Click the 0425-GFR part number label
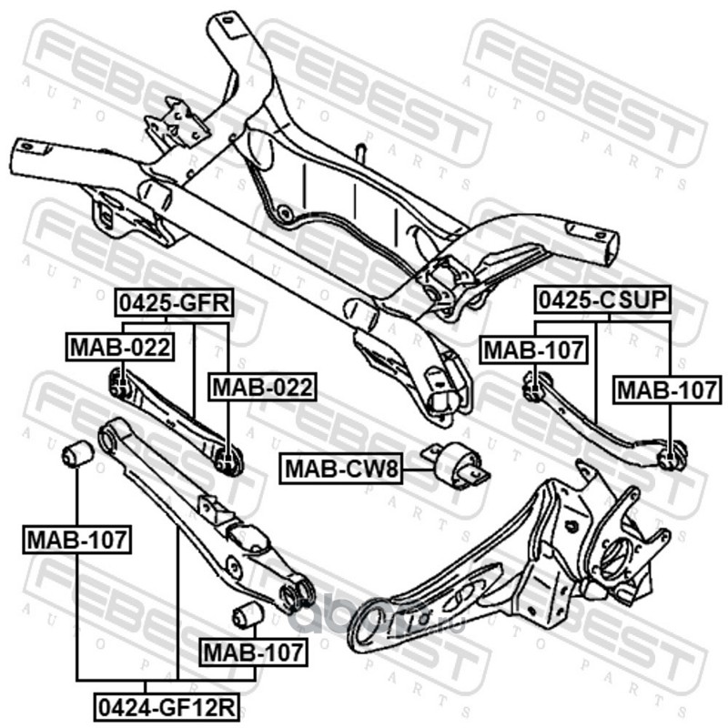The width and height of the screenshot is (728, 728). click(172, 303)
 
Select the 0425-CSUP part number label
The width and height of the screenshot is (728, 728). click(602, 299)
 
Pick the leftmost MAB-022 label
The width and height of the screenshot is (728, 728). click(118, 346)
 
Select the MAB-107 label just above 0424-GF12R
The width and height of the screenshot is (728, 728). click(253, 652)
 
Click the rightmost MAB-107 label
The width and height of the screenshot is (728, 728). click(668, 391)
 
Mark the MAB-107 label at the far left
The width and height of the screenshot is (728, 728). click(76, 541)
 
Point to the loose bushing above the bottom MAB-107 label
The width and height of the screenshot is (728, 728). click(246, 615)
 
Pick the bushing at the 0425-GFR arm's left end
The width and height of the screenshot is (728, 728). click(118, 382)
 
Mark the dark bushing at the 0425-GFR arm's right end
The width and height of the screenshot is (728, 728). click(229, 458)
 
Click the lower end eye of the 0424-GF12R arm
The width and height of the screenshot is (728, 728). click(295, 594)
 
